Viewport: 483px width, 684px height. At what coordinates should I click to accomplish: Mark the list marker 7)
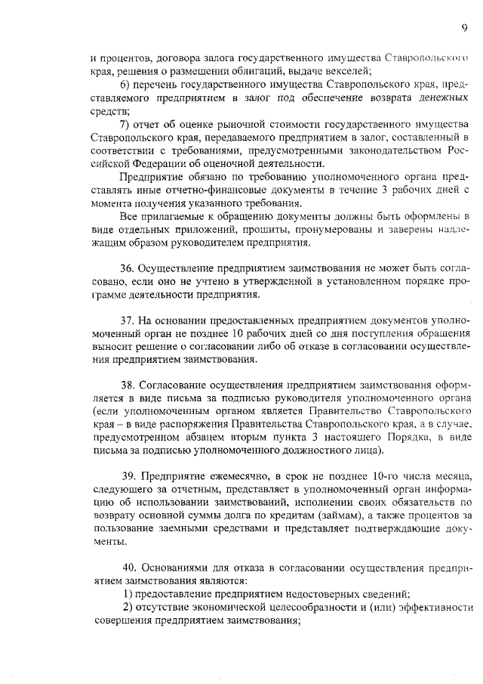(x=126, y=123)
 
